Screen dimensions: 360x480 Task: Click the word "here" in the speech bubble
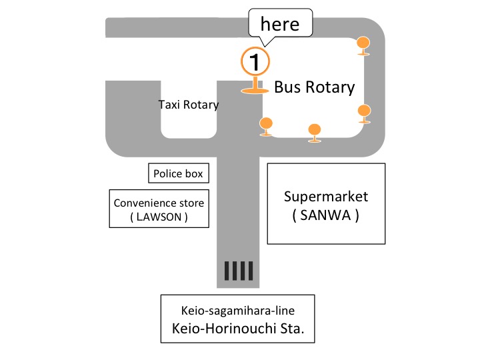[279, 25]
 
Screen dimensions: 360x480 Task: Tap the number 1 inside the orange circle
[254, 62]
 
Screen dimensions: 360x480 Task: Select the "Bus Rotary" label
[315, 87]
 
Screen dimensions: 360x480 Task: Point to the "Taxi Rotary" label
[189, 105]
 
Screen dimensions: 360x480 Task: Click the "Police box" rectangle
[177, 174]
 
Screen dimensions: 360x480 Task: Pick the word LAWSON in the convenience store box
[158, 217]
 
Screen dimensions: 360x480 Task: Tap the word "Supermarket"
[325, 197]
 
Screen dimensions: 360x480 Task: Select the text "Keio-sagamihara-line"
[238, 311]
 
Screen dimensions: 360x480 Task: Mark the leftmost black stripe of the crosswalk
[227, 271]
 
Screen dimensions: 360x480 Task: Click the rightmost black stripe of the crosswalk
[251, 271]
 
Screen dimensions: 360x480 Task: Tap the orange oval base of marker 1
[254, 90]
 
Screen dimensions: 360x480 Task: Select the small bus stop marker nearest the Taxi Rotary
[266, 124]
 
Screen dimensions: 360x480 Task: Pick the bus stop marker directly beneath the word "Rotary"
[315, 131]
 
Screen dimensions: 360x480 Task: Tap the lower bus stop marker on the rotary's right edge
[364, 112]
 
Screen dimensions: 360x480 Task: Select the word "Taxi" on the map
[169, 105]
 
